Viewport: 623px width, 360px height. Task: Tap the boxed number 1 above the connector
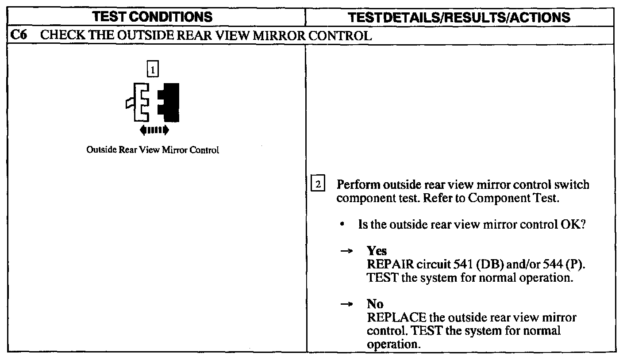(x=153, y=70)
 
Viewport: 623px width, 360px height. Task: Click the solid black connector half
(x=169, y=103)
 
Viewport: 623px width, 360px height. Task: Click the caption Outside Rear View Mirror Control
(x=153, y=150)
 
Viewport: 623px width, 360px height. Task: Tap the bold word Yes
(x=377, y=251)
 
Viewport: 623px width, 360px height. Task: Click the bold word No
(x=375, y=304)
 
